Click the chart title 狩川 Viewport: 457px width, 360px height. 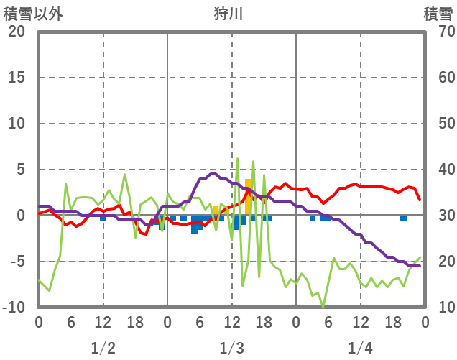228,14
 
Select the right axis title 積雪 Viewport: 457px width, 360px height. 438,14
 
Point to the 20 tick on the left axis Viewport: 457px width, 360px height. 17,32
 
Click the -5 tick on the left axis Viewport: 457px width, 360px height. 17,262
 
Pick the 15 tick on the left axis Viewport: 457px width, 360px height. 17,78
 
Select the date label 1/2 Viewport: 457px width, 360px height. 103,348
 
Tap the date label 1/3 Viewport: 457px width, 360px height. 231,348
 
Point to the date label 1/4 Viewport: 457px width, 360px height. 360,348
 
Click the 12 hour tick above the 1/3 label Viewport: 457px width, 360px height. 231,323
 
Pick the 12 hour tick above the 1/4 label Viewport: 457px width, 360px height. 360,323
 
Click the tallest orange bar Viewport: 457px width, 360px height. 248,196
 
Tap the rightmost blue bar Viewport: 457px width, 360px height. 403,218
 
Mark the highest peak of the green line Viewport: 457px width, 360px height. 237,159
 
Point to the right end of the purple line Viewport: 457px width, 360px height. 420,266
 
